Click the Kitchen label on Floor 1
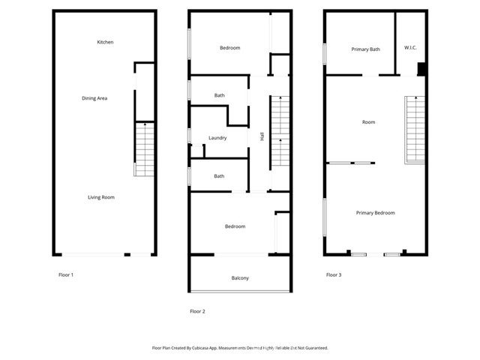pos(105,42)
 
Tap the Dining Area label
pos(94,98)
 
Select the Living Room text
pos(101,197)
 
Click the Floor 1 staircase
pos(144,149)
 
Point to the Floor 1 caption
pos(66,275)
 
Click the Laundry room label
pos(217,138)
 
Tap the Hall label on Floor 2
pos(262,136)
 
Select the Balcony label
pos(240,278)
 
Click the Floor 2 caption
pos(197,311)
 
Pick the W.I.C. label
pos(410,48)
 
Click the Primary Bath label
pos(365,49)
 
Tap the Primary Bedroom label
pos(375,213)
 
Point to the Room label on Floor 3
pos(368,122)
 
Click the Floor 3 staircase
pos(415,130)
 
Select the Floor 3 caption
pos(334,275)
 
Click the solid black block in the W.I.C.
pos(421,69)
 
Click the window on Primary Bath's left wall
pos(325,54)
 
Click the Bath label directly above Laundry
pos(219,95)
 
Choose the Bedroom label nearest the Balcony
pos(235,226)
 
